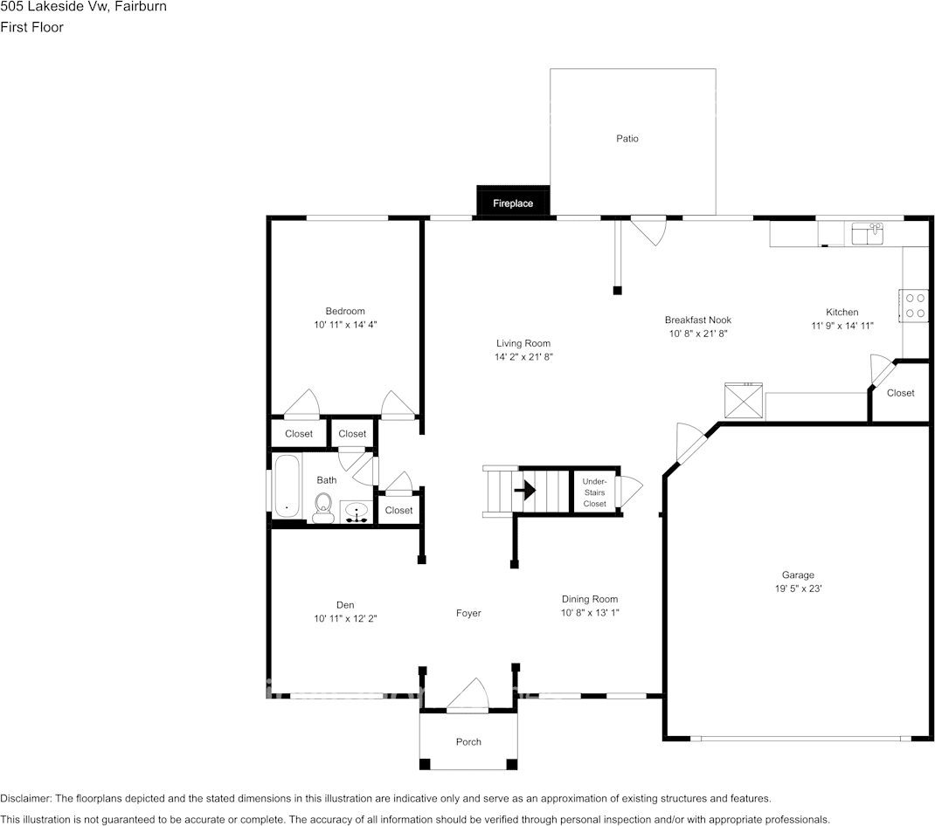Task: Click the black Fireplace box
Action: pyautogui.click(x=513, y=203)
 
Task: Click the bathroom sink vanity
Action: pyautogui.click(x=357, y=512)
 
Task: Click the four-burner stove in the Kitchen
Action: pyautogui.click(x=914, y=306)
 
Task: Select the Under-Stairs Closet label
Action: pyautogui.click(x=594, y=492)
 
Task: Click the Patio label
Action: pyautogui.click(x=627, y=138)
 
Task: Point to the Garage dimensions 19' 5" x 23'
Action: pyautogui.click(x=798, y=589)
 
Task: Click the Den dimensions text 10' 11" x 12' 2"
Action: pyautogui.click(x=345, y=618)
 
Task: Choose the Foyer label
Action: pyautogui.click(x=468, y=613)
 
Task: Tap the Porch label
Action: pyautogui.click(x=468, y=741)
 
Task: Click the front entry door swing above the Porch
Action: pyautogui.click(x=468, y=695)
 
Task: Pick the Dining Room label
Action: pyautogui.click(x=589, y=599)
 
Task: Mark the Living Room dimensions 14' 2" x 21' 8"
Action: pyautogui.click(x=523, y=357)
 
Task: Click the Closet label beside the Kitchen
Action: pyautogui.click(x=900, y=393)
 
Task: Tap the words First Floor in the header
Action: pyautogui.click(x=32, y=27)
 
